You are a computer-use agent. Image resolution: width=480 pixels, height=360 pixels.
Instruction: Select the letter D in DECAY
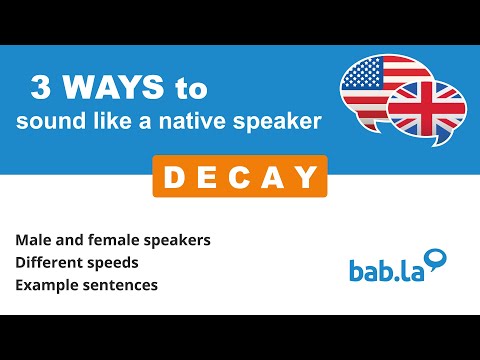point(171,178)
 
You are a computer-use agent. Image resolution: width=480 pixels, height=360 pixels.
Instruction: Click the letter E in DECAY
point(205,178)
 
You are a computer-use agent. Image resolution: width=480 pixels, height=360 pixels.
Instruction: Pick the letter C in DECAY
point(239,178)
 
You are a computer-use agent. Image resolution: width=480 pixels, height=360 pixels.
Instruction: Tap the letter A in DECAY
point(273,178)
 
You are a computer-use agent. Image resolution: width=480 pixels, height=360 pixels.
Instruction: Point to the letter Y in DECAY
point(306,178)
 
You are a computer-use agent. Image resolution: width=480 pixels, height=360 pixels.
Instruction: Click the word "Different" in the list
point(49,264)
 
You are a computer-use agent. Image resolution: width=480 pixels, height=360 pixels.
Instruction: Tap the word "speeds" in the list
point(113,265)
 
